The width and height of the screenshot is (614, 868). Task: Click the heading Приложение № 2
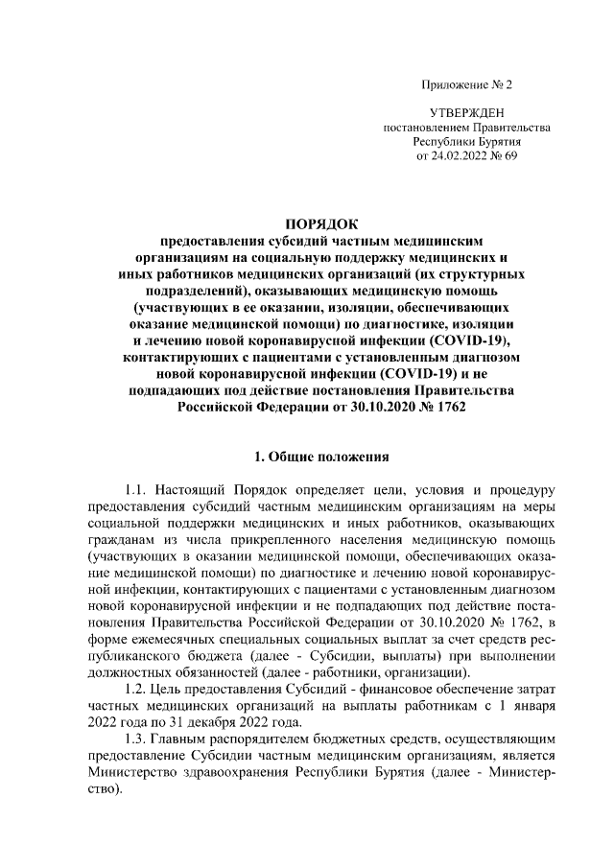466,85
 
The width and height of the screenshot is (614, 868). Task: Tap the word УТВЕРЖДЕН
466,113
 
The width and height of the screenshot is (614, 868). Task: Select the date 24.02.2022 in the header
460,156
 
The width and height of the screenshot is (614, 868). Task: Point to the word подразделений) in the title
196,290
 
